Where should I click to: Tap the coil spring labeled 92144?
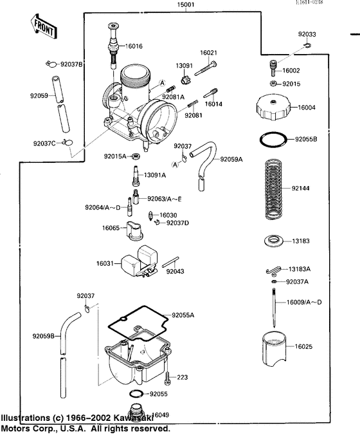coord(274,189)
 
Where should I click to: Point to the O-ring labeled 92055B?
coord(273,138)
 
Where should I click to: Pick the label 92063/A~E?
coord(165,200)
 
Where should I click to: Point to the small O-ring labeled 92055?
coord(137,393)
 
